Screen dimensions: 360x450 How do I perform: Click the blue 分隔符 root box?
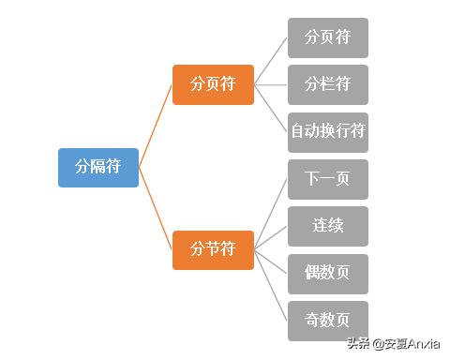pyautogui.click(x=97, y=167)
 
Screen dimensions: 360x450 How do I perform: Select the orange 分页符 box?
pyautogui.click(x=213, y=84)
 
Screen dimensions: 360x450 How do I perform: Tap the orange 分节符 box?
pyautogui.click(x=213, y=249)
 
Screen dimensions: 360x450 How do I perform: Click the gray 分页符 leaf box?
pyautogui.click(x=327, y=37)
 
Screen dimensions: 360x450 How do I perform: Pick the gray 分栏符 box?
pyautogui.click(x=327, y=84)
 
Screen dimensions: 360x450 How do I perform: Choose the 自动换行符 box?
pyautogui.click(x=327, y=132)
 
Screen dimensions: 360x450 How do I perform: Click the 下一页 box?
pyautogui.click(x=327, y=179)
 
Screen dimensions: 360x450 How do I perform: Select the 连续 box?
pyautogui.click(x=327, y=226)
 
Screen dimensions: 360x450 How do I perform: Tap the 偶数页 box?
pyautogui.click(x=327, y=274)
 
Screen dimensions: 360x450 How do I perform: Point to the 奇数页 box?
pyautogui.click(x=327, y=321)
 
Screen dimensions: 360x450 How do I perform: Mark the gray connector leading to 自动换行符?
pyautogui.click(x=271, y=109)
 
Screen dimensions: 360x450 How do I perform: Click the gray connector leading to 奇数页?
pyautogui.click(x=271, y=285)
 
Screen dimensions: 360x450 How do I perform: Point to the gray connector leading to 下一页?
pyautogui.click(x=271, y=215)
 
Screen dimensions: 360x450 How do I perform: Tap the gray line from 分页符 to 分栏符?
pyautogui.click(x=271, y=84)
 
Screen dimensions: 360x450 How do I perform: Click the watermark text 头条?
pyautogui.click(x=359, y=343)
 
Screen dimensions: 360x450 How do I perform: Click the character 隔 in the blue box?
pyautogui.click(x=97, y=167)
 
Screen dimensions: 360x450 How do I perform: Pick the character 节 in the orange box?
pyautogui.click(x=213, y=249)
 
